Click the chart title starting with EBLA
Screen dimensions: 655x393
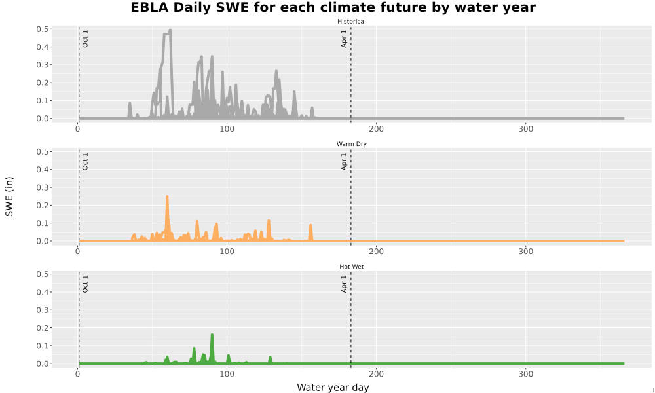(x=333, y=7)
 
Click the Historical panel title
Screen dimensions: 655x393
(x=351, y=22)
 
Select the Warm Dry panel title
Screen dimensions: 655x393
(x=351, y=144)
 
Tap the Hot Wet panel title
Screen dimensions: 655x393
(x=351, y=267)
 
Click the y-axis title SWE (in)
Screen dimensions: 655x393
(x=9, y=196)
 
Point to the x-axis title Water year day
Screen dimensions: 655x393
(x=333, y=388)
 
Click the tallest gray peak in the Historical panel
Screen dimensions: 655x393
(x=170, y=30)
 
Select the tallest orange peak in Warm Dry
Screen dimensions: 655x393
(x=167, y=196)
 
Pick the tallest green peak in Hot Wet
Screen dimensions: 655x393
(x=212, y=335)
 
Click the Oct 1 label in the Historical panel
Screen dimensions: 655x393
(x=85, y=39)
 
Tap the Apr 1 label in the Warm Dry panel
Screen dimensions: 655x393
(x=344, y=161)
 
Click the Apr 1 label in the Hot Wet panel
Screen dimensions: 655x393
(x=344, y=284)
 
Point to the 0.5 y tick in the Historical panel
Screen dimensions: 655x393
(x=42, y=29)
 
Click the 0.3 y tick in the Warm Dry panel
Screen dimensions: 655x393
(x=42, y=187)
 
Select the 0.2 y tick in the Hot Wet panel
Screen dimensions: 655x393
(x=42, y=328)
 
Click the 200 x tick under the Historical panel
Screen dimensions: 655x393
(x=377, y=129)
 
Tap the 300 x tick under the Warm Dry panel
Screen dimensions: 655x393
(x=525, y=252)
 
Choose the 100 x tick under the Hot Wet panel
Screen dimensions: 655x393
(x=227, y=374)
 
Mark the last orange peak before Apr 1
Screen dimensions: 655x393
(x=310, y=225)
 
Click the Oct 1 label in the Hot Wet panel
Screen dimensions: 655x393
(x=85, y=284)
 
